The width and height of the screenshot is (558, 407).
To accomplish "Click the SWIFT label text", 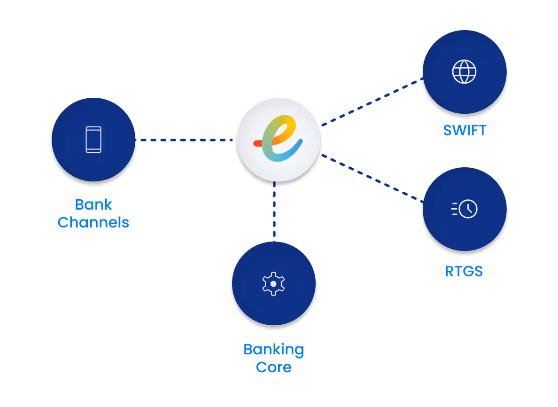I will (465, 130).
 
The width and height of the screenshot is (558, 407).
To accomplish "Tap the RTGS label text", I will (464, 271).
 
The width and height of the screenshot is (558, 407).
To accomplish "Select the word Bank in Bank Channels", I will (93, 204).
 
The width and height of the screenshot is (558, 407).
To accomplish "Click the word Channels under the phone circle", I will (93, 222).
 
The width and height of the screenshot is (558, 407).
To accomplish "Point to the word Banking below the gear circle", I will (273, 350).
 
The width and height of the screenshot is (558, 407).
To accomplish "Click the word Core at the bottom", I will (273, 367).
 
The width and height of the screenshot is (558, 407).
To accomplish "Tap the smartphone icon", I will (93, 140).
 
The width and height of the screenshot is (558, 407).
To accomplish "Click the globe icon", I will (464, 71).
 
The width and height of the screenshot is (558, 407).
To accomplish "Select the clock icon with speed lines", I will (465, 209).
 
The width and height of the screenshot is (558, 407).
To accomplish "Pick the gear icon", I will (273, 284).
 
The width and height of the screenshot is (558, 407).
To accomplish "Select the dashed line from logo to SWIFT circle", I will (370, 102).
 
